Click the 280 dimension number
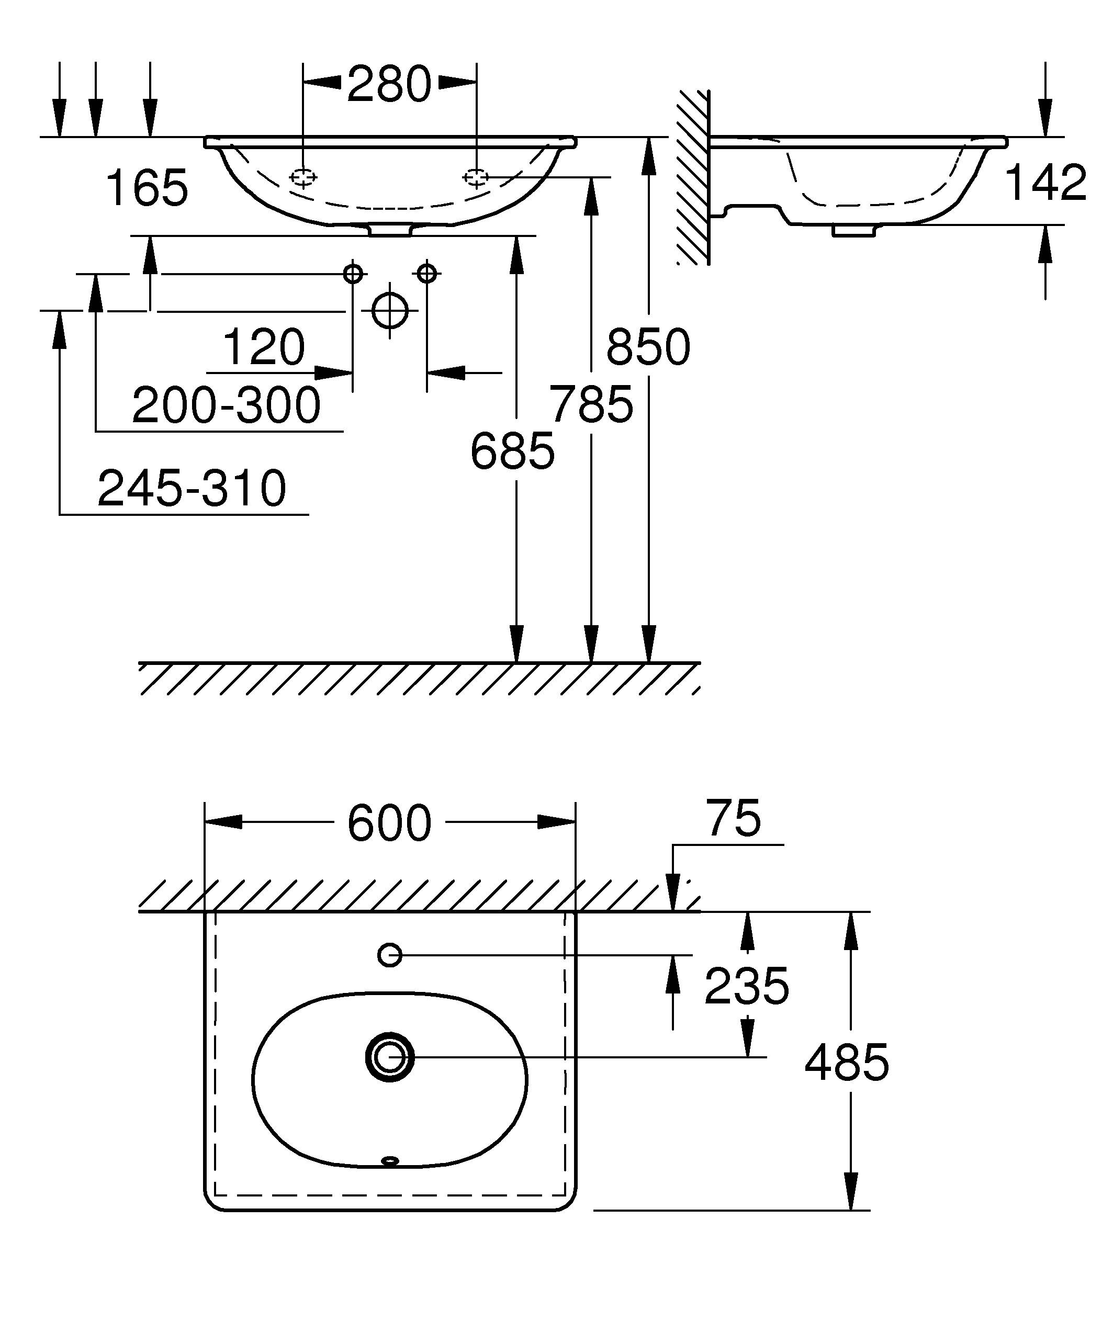pyautogui.click(x=389, y=84)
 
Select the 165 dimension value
pyautogui.click(x=147, y=187)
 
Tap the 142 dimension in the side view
pyautogui.click(x=1046, y=183)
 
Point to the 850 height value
pyautogui.click(x=648, y=347)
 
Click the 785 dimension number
pyautogui.click(x=591, y=404)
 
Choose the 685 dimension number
pyautogui.click(x=513, y=451)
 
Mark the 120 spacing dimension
pyautogui.click(x=264, y=347)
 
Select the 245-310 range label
pyautogui.click(x=192, y=488)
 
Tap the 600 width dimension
pyautogui.click(x=389, y=823)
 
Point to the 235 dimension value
pyautogui.click(x=747, y=986)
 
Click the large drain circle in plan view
pyautogui.click(x=390, y=1057)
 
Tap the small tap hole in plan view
pyautogui.click(x=390, y=955)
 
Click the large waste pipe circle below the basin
pyautogui.click(x=390, y=311)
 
